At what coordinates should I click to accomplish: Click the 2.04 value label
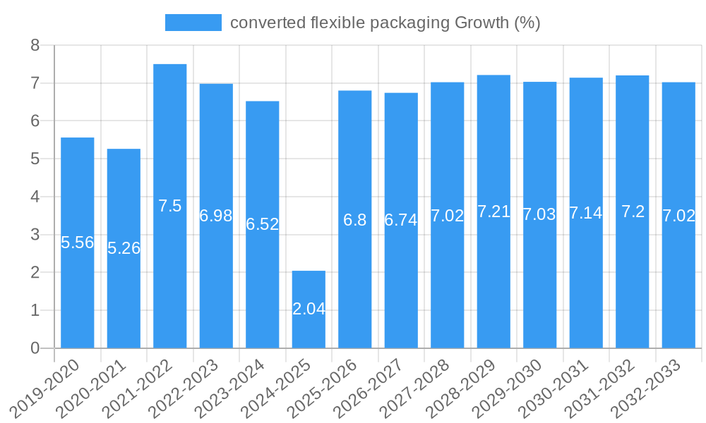tap(309, 309)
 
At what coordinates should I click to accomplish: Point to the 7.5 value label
tap(170, 206)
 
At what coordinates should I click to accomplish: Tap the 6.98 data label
tap(216, 216)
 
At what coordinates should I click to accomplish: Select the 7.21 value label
tap(493, 211)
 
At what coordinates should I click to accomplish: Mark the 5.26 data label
tap(124, 248)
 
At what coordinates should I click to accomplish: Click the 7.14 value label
tap(586, 213)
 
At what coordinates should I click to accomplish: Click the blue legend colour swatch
tap(193, 23)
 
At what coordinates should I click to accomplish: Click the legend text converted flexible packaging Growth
tap(385, 23)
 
